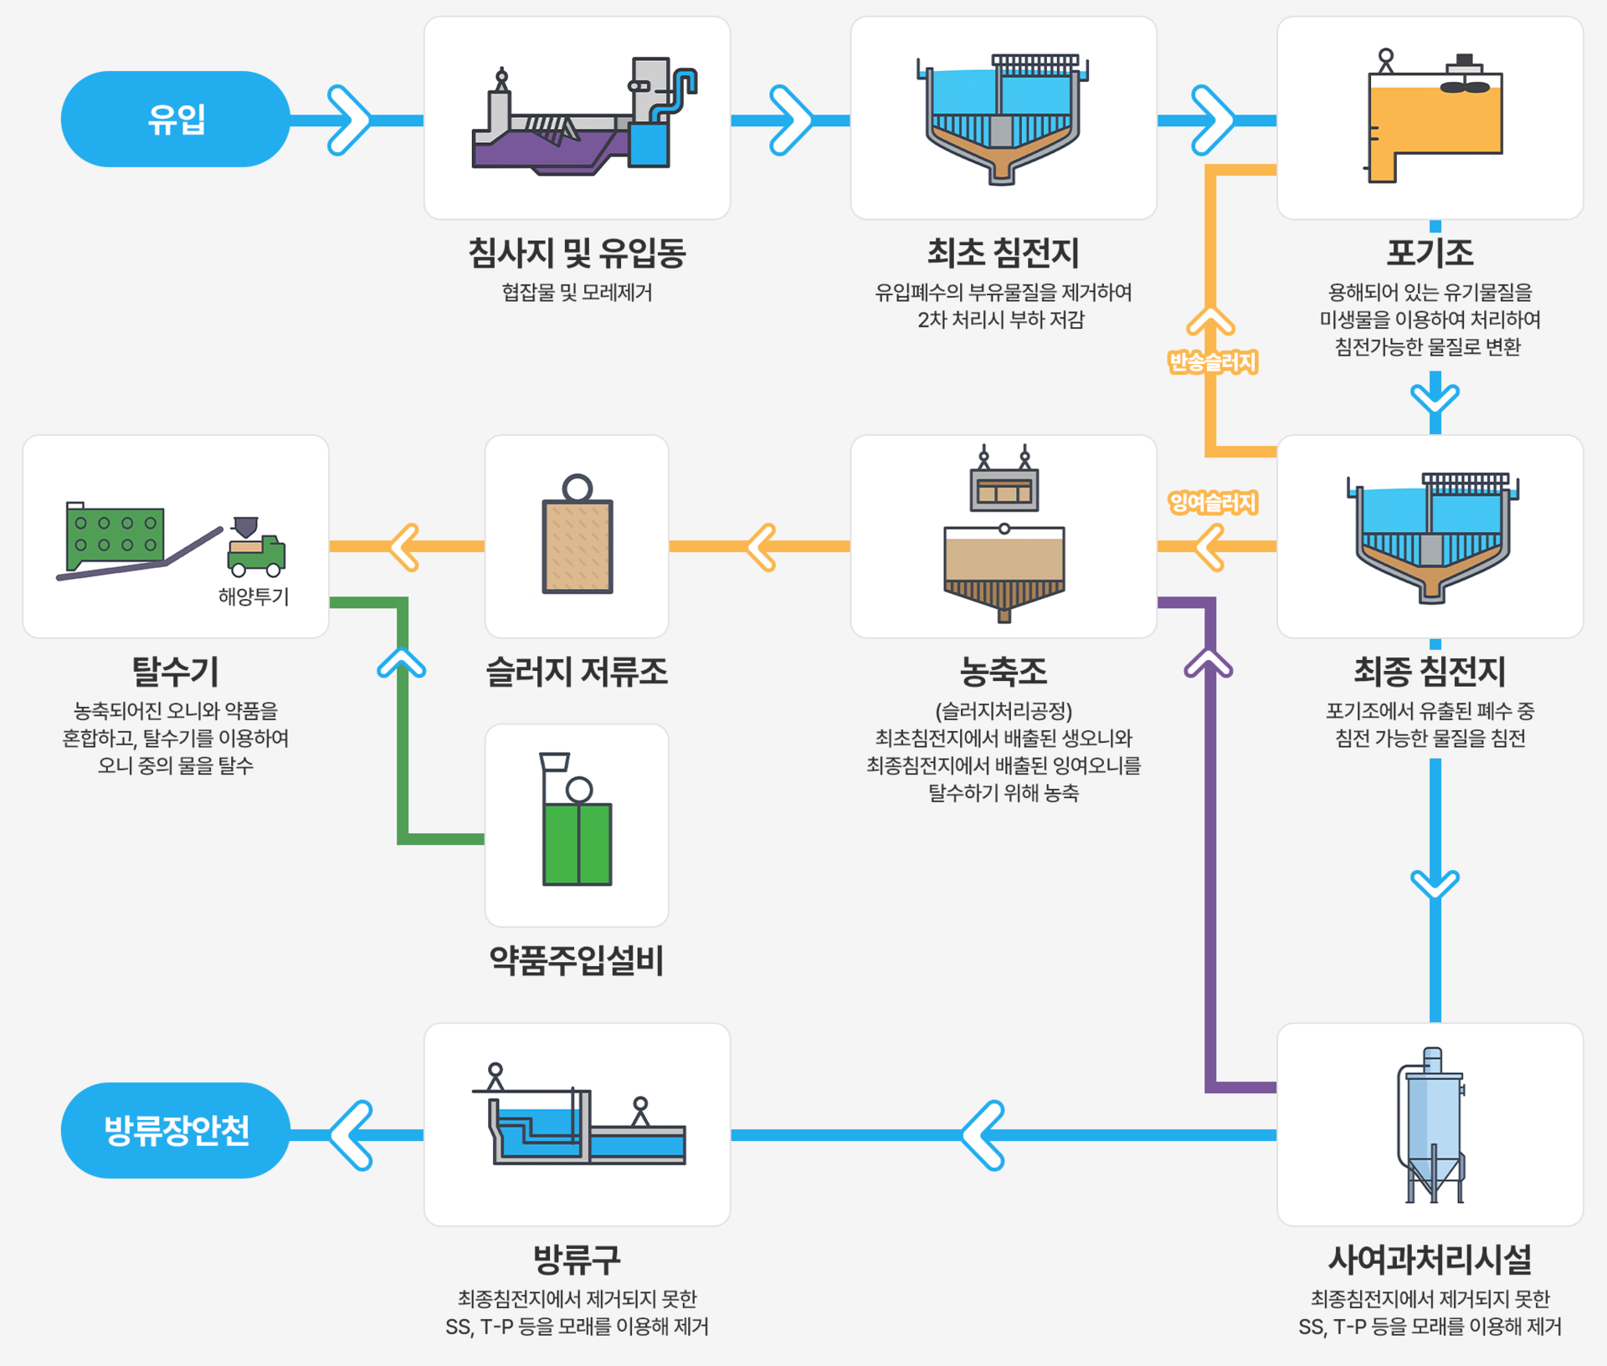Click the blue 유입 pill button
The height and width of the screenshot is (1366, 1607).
coord(175,119)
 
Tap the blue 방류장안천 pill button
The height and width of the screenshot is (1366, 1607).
coord(175,1130)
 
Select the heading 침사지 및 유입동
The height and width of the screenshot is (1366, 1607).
coord(577,253)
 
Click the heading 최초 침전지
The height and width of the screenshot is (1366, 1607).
coord(1003,253)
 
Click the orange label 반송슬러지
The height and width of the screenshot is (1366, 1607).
coord(1212,362)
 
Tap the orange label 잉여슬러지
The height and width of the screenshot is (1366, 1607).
coord(1212,503)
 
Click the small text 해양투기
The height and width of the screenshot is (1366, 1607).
coord(254,596)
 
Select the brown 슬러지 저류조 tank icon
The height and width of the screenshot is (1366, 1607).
coord(577,544)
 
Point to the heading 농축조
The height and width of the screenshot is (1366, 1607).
coord(1003,671)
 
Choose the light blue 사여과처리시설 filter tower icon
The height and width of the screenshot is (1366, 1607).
coord(1432,1125)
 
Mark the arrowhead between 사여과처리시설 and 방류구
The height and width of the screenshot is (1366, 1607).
coord(984,1135)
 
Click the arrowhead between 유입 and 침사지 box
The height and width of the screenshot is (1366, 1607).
coord(349,120)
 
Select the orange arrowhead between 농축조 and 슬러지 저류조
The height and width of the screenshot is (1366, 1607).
coord(762,547)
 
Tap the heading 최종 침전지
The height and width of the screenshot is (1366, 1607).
coord(1430,671)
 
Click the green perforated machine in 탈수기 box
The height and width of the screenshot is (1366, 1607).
coord(115,536)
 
